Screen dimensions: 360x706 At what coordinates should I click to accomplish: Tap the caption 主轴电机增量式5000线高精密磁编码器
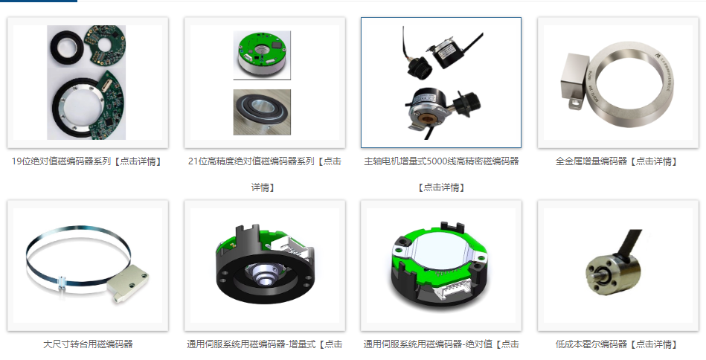click(x=441, y=161)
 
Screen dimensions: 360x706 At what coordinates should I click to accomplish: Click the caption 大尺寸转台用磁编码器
click(x=87, y=344)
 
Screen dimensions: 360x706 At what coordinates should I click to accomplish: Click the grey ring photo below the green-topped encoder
click(x=262, y=112)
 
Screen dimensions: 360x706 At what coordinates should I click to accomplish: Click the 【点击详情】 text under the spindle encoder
click(x=441, y=187)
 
